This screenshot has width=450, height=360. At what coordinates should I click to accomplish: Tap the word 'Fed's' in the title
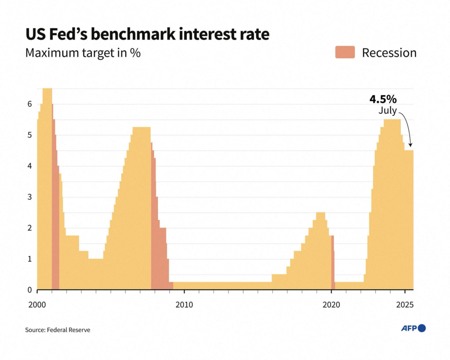(x=73, y=34)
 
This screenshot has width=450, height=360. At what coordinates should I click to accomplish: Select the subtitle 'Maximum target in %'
(x=83, y=53)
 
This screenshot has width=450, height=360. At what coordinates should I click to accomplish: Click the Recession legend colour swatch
(x=345, y=53)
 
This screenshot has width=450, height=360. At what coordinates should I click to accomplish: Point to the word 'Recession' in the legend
(x=389, y=53)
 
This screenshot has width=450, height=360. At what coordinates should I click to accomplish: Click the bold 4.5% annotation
(x=386, y=99)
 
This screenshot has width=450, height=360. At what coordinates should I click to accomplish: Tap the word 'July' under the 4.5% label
(x=388, y=111)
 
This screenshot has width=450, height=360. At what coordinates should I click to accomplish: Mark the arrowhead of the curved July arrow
(x=410, y=146)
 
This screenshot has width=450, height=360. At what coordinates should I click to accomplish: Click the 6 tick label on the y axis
(x=30, y=104)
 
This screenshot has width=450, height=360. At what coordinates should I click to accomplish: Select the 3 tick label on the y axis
(x=30, y=197)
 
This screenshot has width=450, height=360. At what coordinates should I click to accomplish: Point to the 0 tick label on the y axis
(x=30, y=290)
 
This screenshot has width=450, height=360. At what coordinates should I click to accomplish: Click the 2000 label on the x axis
(x=37, y=305)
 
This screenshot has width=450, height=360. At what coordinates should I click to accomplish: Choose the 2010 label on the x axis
(x=185, y=305)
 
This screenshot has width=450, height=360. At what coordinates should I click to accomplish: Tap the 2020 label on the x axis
(x=331, y=305)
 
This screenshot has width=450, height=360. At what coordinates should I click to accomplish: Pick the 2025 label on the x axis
(x=405, y=305)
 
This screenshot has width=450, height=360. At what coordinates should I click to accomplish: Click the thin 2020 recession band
(x=333, y=264)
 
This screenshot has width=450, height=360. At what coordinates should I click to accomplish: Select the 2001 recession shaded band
(x=55, y=220)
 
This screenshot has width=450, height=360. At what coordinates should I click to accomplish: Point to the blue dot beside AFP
(x=422, y=328)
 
